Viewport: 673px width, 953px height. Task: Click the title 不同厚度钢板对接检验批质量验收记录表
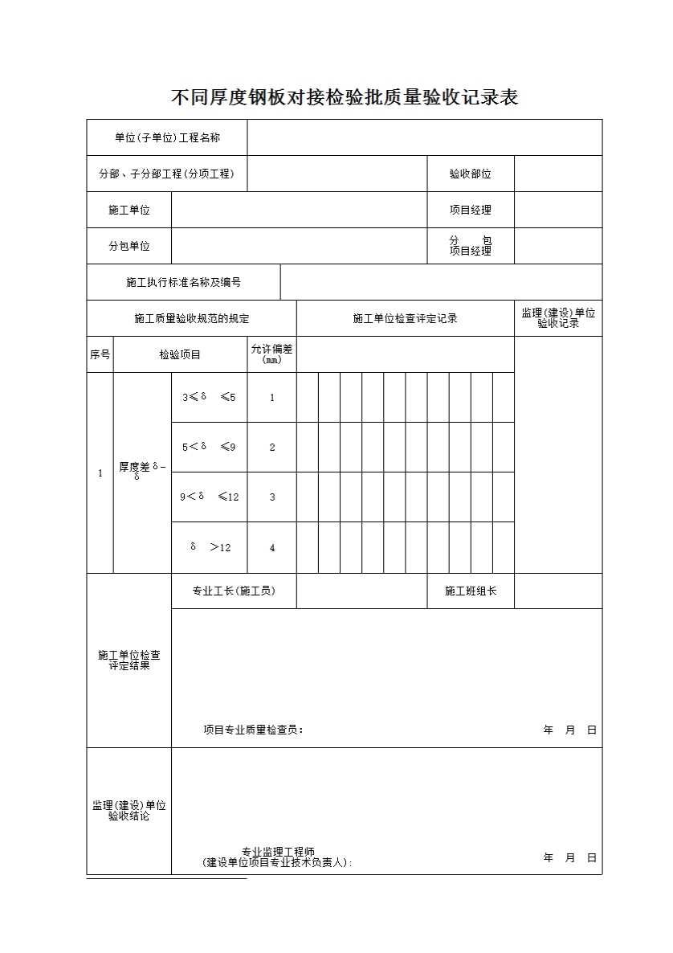coord(345,98)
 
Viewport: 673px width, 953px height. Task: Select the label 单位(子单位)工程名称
coord(167,138)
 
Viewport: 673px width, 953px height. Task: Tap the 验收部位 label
coord(470,174)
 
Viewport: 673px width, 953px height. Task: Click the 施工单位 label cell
coord(129,210)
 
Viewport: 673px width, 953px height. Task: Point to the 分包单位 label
coord(129,246)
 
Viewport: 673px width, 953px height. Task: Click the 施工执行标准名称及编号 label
coord(183,282)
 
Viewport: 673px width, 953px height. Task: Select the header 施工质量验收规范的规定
coord(191,319)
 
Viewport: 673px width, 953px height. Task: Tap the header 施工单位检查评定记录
coord(405,319)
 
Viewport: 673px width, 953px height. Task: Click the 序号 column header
coord(100,354)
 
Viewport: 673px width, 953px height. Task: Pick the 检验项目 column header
coord(180,354)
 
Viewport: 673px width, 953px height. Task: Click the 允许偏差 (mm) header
coord(271,354)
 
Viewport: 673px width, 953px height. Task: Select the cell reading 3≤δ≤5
coord(209,397)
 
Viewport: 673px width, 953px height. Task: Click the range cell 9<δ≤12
coord(209,497)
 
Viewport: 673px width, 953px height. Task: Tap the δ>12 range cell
coord(209,547)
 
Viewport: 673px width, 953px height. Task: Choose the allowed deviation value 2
coord(271,447)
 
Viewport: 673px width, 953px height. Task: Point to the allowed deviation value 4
coord(271,548)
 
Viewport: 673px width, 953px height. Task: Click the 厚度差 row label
coord(141,471)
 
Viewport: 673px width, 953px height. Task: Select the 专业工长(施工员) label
coord(233,591)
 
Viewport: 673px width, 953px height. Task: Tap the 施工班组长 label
coord(471,591)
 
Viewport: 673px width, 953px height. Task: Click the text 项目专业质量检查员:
coord(253,730)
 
